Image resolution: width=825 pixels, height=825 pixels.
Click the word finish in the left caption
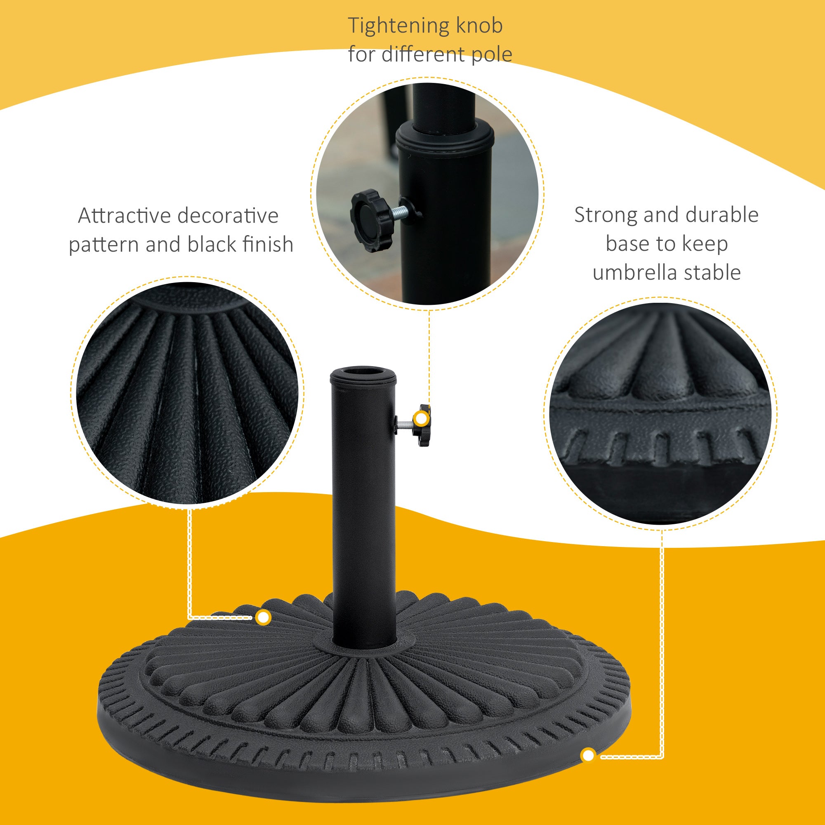[x=268, y=244]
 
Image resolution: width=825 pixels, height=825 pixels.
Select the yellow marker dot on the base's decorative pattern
[x=264, y=618]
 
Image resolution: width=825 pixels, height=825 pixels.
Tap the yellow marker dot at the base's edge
[x=589, y=755]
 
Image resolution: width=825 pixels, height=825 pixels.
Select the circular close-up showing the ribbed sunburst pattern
[x=187, y=393]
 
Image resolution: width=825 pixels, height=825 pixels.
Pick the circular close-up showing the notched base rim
[x=660, y=413]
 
